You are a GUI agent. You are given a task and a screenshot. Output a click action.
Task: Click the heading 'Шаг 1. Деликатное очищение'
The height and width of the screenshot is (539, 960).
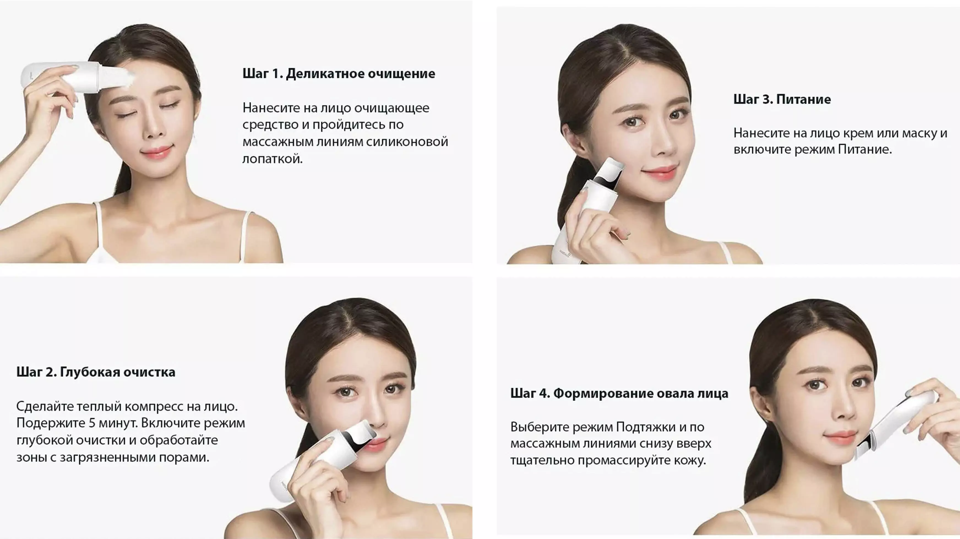pyautogui.click(x=339, y=74)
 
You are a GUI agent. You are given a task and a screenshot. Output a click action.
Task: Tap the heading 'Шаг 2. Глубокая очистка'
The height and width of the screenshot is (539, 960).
pyautogui.click(x=96, y=372)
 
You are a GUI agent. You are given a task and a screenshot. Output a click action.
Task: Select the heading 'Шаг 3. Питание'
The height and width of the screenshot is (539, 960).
pyautogui.click(x=782, y=99)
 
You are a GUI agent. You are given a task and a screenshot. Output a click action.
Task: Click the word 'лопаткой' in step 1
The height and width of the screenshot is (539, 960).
pyautogui.click(x=273, y=159)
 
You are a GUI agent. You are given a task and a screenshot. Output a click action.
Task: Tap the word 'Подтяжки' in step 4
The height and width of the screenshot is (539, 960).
pyautogui.click(x=646, y=427)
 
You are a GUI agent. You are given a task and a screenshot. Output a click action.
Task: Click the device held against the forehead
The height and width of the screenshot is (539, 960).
pyautogui.click(x=76, y=77)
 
